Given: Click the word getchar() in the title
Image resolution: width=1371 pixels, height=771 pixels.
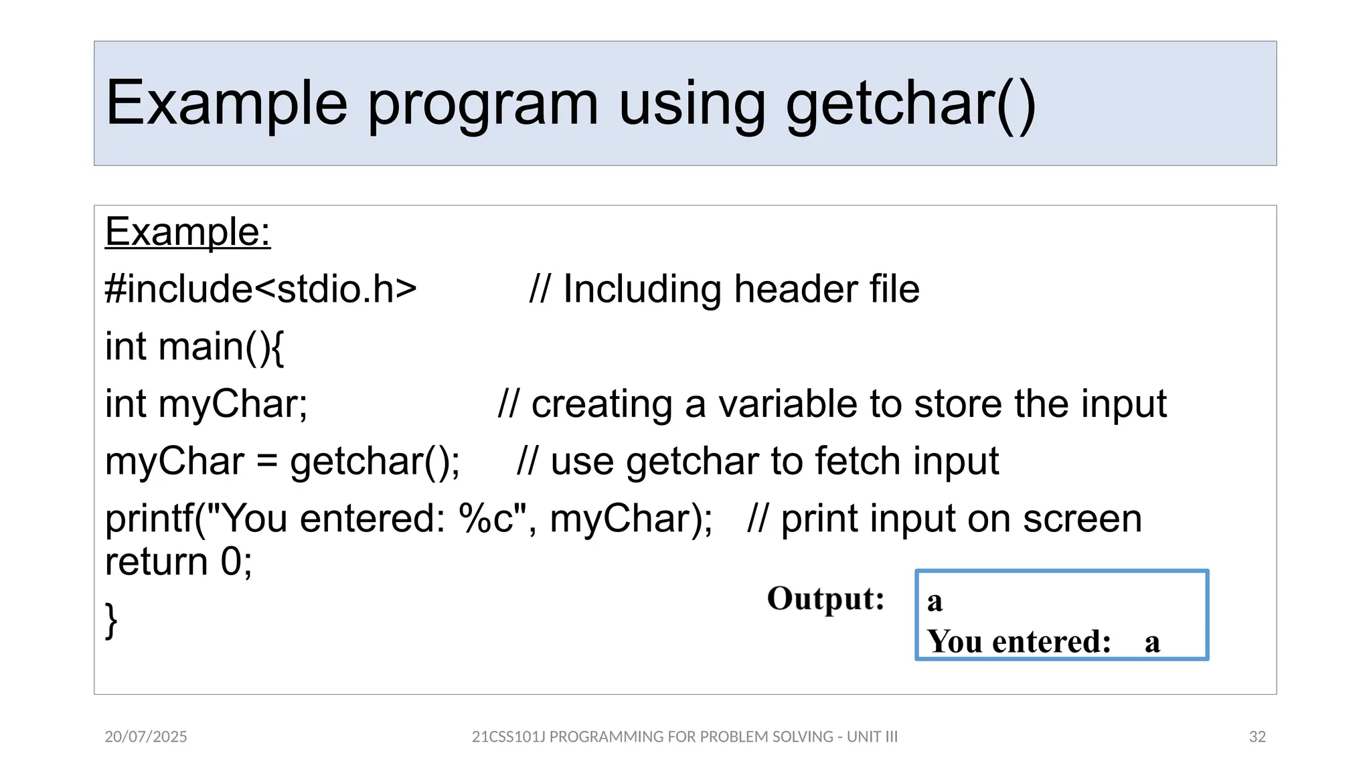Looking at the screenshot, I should click(910, 104).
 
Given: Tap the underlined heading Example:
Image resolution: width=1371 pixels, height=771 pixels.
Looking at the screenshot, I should click(187, 232).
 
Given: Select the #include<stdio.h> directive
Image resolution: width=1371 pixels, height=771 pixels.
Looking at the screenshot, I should click(260, 289).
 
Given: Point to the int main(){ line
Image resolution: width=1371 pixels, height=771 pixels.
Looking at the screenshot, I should click(194, 347).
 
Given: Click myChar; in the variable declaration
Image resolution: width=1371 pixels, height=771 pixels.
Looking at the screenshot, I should click(232, 404).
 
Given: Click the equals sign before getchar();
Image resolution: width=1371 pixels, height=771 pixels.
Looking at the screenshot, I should click(266, 462).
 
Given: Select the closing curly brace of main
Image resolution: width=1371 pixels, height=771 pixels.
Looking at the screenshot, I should click(111, 620).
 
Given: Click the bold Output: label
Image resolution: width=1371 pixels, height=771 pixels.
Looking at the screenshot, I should click(825, 598).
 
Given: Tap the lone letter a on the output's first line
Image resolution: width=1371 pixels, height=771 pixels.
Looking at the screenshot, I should click(935, 601).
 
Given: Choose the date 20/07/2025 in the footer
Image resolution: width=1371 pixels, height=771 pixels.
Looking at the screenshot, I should click(146, 737).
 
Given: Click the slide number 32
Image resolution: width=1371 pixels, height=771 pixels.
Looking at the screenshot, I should click(1257, 737).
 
